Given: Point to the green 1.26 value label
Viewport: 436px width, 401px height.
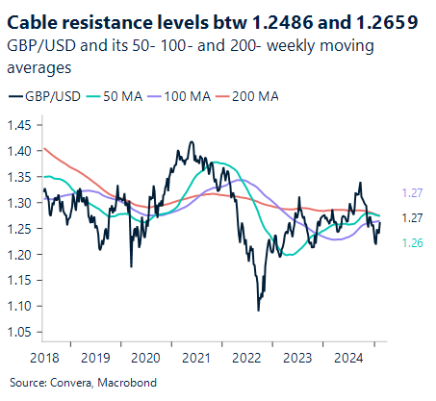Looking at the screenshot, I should coord(412,242).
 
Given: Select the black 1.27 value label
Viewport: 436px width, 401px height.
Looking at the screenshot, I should coord(412,218).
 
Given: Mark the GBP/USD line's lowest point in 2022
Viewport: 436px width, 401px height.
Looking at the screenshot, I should coord(258,311).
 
